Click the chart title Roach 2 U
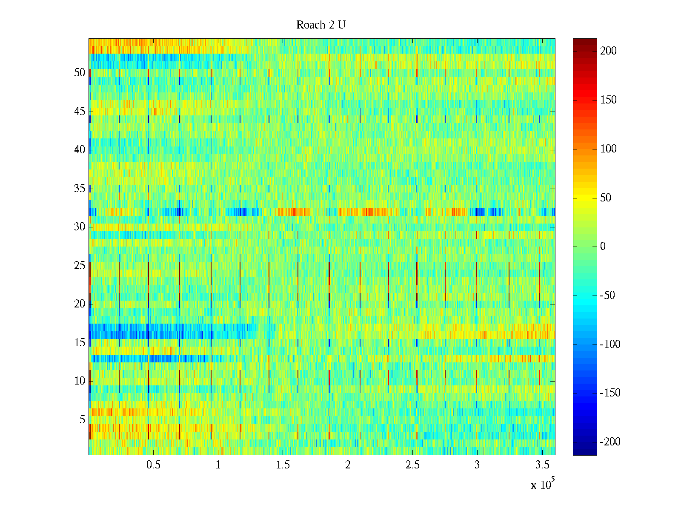pos(320,25)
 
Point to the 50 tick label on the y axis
pos(80,73)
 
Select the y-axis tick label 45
pos(80,112)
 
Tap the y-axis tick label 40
pos(80,150)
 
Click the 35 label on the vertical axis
pos(80,189)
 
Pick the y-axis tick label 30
pos(80,227)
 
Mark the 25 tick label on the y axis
pos(80,266)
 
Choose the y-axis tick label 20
pos(80,304)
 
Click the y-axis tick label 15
pos(80,343)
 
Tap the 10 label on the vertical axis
pos(80,381)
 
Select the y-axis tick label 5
pos(82,420)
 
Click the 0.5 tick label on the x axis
pos(153,465)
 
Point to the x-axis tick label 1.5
pos(283,465)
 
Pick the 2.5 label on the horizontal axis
pos(412,465)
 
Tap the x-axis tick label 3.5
pos(542,465)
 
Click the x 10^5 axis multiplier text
pos(542,485)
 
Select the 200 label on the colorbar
pos(608,51)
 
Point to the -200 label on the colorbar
pos(610,442)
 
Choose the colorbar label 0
pos(603,247)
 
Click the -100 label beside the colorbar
pos(610,344)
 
